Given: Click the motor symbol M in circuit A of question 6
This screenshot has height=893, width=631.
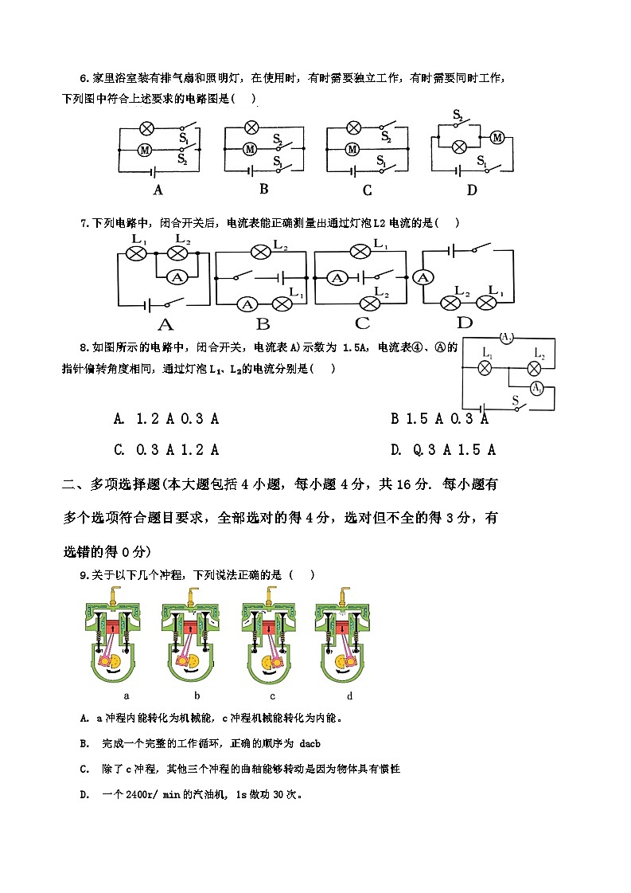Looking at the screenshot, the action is point(145,149).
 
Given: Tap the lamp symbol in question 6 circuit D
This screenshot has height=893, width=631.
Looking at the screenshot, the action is point(458,146).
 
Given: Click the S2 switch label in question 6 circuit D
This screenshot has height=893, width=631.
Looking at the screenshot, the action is point(458,116).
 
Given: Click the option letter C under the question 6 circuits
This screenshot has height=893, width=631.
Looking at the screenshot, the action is point(367,190).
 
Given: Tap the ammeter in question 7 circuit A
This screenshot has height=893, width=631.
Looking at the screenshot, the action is point(180,276).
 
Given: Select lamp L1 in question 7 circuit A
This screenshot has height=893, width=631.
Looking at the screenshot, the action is point(136,253).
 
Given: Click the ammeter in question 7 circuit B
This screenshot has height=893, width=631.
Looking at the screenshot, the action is point(247,304).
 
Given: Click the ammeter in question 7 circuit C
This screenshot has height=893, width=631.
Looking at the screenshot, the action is point(338,278).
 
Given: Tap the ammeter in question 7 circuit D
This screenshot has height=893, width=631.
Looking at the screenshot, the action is point(423,277).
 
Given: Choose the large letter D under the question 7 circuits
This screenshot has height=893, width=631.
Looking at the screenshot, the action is point(464,323).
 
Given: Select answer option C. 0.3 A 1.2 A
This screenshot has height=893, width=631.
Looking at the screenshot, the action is point(166,449).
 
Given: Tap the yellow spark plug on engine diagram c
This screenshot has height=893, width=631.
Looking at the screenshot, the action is point(270,593).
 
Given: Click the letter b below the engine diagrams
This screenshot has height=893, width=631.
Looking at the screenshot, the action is point(196,695).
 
